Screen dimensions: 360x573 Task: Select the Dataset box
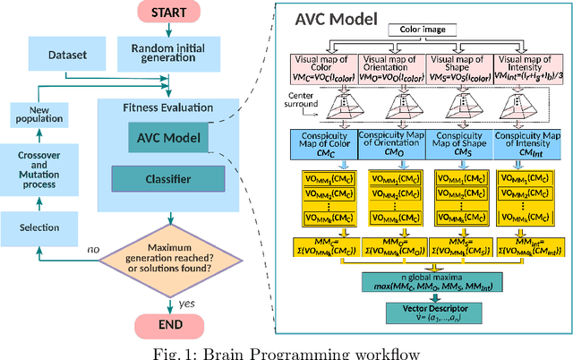pyautogui.click(x=68, y=55)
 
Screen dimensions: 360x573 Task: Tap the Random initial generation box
pyautogui.click(x=161, y=55)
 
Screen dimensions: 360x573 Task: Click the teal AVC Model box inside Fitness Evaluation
pyautogui.click(x=168, y=138)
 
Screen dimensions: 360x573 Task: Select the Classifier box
pyautogui.click(x=168, y=179)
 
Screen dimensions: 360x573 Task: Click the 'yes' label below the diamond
pyautogui.click(x=185, y=304)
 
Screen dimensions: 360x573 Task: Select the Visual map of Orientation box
pyautogui.click(x=392, y=65)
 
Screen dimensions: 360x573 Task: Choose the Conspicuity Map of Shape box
pyautogui.click(x=458, y=145)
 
